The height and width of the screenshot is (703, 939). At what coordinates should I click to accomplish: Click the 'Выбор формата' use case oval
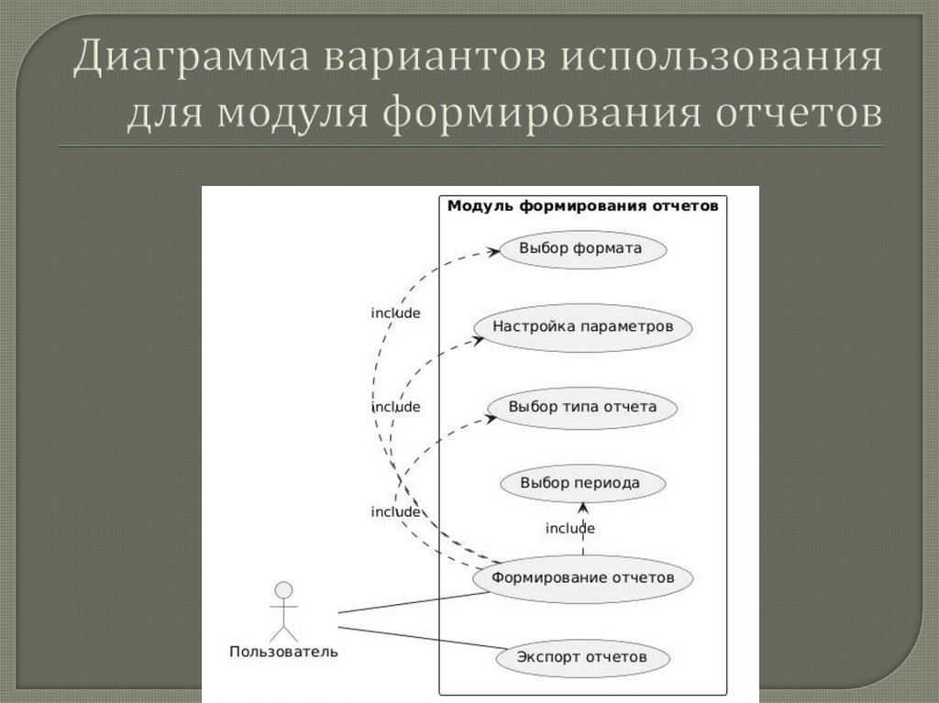tap(580, 248)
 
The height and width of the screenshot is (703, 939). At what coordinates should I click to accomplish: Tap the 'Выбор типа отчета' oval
tap(582, 407)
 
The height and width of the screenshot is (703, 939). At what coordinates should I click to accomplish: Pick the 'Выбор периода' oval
tap(580, 483)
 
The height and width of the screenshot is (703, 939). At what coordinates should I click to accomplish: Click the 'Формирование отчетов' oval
tap(582, 577)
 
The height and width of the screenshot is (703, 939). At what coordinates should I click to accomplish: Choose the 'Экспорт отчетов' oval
tap(582, 657)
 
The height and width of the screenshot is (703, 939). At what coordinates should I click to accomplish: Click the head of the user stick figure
tap(284, 589)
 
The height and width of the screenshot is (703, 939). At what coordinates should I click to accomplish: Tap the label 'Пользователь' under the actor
tap(283, 653)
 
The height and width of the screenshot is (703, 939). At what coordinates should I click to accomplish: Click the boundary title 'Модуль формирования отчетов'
tap(582, 206)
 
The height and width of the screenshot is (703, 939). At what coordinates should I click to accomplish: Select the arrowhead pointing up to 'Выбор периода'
tap(582, 508)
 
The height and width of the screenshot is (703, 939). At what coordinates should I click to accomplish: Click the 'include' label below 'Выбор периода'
tap(570, 529)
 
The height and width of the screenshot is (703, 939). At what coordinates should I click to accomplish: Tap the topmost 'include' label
tap(395, 313)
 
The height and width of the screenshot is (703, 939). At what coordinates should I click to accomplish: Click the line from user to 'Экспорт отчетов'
tap(422, 638)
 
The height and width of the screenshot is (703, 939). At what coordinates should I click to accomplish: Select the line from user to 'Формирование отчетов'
tap(413, 602)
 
